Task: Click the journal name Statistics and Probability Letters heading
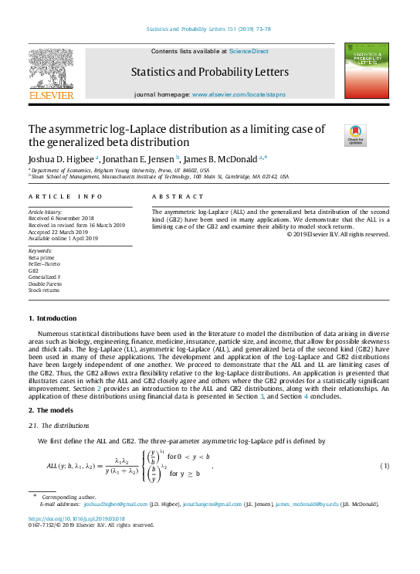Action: pyautogui.click(x=210, y=73)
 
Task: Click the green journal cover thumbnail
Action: pyautogui.click(x=366, y=71)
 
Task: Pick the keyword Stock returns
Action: pyautogui.click(x=44, y=290)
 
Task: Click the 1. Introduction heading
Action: pyautogui.click(x=52, y=318)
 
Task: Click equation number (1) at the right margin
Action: pyautogui.click(x=384, y=467)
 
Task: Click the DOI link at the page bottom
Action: pyautogui.click(x=76, y=518)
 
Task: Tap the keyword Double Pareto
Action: pyautogui.click(x=45, y=284)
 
